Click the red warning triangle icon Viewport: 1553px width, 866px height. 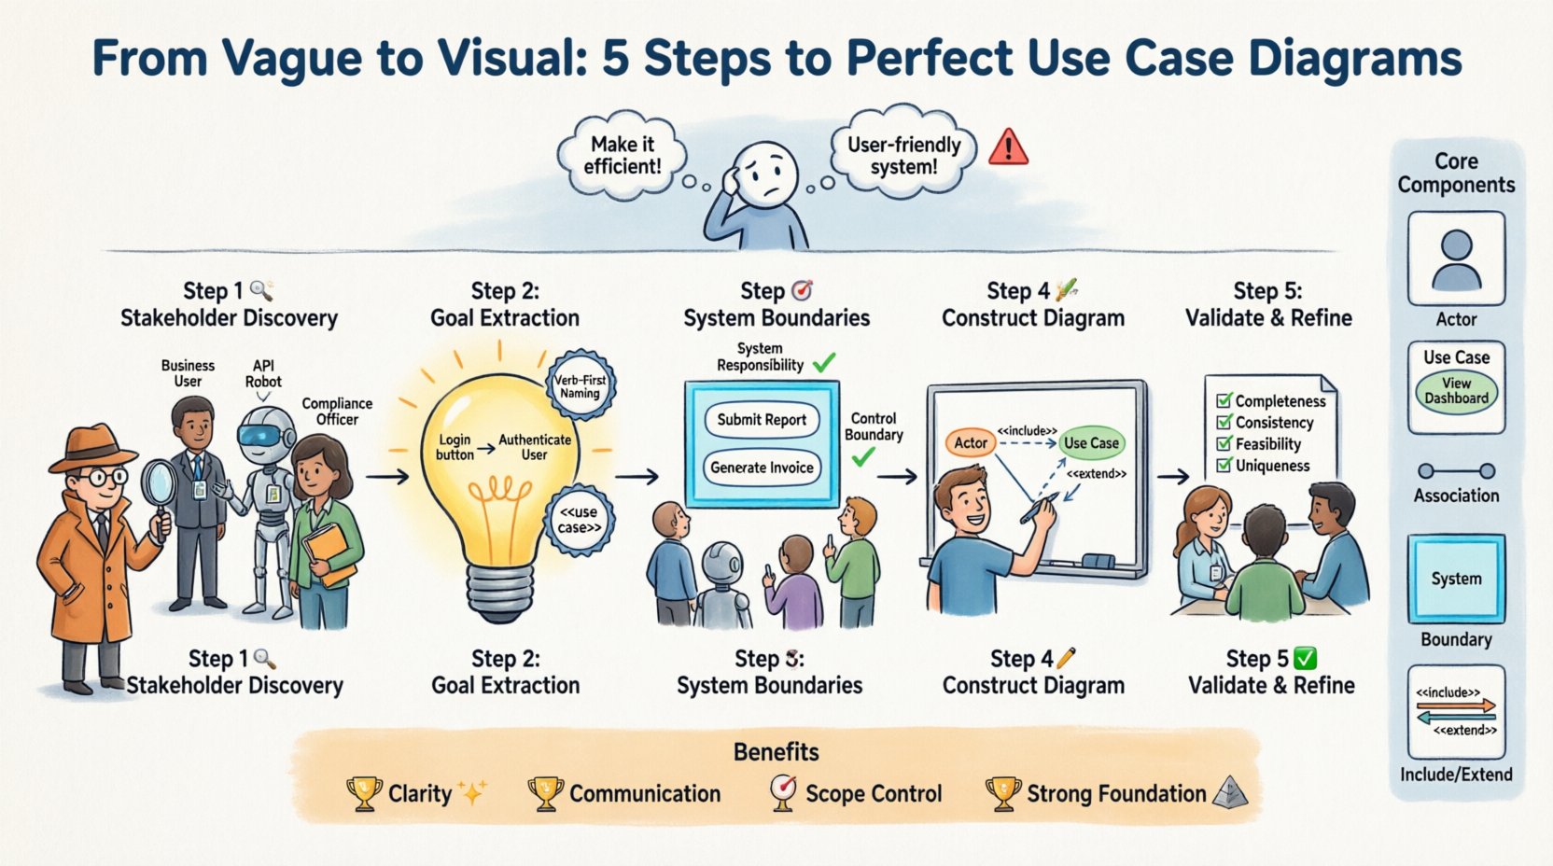point(1008,147)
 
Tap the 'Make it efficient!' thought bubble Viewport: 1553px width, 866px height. point(623,156)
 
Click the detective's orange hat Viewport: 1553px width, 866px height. point(91,447)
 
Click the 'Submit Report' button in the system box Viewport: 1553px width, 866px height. point(762,420)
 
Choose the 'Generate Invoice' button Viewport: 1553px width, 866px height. point(762,468)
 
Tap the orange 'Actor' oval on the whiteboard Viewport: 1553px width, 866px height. point(971,443)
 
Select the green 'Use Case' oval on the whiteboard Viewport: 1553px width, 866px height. point(1091,443)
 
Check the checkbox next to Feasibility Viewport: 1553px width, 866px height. point(1224,444)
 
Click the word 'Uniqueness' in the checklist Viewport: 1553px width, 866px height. point(1272,466)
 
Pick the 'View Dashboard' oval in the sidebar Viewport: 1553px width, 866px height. point(1456,391)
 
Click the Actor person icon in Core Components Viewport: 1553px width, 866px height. point(1456,260)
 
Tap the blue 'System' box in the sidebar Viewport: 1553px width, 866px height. point(1456,579)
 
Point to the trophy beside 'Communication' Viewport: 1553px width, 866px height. point(545,794)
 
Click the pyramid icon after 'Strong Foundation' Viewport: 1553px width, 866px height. point(1230,793)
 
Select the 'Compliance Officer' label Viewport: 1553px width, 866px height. point(337,412)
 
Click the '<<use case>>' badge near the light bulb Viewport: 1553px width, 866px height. point(580,520)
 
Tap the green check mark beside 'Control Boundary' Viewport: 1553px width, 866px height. point(864,457)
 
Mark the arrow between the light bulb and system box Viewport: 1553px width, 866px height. point(637,477)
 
